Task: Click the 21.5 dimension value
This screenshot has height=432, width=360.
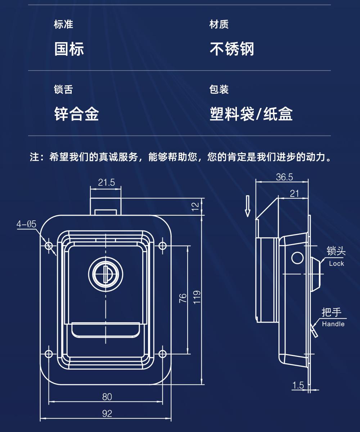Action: pyautogui.click(x=107, y=183)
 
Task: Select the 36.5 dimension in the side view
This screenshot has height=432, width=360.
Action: pyautogui.click(x=284, y=177)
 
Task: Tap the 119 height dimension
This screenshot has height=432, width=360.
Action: pyautogui.click(x=197, y=297)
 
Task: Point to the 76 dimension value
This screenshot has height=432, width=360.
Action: pyautogui.click(x=183, y=298)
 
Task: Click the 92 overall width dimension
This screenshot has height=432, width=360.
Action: pyautogui.click(x=107, y=414)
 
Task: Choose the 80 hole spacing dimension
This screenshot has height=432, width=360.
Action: pyautogui.click(x=107, y=397)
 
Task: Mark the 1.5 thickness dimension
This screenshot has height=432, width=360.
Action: pyautogui.click(x=298, y=386)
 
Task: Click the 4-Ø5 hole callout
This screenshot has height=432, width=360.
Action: pyautogui.click(x=26, y=225)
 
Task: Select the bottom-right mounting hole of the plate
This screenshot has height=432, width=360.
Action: pyautogui.click(x=162, y=353)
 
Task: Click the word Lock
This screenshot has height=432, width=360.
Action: pyautogui.click(x=337, y=264)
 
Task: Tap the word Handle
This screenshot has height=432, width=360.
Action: pyautogui.click(x=333, y=324)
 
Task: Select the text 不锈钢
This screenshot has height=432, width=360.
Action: pyautogui.click(x=232, y=49)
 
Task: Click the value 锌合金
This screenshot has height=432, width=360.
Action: pyautogui.click(x=76, y=114)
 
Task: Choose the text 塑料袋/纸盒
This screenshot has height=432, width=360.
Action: pyautogui.click(x=251, y=114)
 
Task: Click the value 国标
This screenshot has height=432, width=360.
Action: pyautogui.click(x=69, y=49)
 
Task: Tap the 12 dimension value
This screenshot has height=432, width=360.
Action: pyautogui.click(x=195, y=206)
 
